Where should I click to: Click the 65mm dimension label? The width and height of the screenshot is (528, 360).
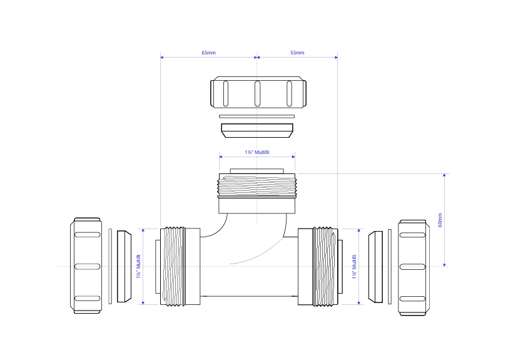(208, 53)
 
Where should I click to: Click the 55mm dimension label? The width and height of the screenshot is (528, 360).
(297, 53)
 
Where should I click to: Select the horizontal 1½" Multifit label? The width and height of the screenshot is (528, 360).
(256, 152)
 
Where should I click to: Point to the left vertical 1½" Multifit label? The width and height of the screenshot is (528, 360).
(139, 267)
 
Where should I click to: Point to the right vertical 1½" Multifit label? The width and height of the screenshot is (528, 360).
(355, 267)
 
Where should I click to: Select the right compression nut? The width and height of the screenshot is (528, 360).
(414, 266)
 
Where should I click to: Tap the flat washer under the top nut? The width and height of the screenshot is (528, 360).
(257, 116)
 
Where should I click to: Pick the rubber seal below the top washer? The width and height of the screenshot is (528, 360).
(257, 130)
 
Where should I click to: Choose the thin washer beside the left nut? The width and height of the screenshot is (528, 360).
(111, 266)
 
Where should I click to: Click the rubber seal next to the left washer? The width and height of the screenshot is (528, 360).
(124, 266)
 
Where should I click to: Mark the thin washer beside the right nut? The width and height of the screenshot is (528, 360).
(390, 266)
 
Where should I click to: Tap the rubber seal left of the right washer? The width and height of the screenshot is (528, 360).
(375, 266)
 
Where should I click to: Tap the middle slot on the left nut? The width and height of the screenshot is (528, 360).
(88, 266)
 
